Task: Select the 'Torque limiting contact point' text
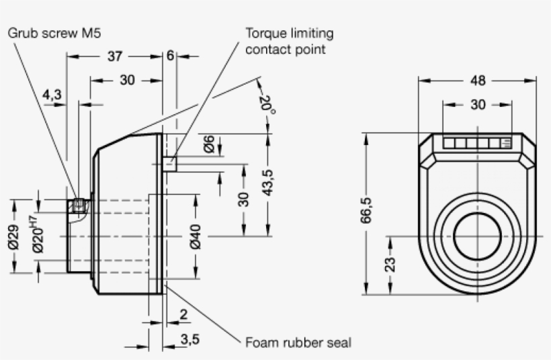coord(289,41)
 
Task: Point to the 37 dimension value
coord(115,56)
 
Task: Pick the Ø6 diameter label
coord(209,144)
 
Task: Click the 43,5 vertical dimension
coord(268,181)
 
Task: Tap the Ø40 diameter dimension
coord(196,237)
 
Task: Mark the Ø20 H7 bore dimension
coord(37,234)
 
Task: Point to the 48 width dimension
coord(478,81)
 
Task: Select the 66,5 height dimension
coord(366,214)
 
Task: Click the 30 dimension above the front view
coord(478,105)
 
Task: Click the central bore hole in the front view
coord(478,236)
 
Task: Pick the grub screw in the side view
coord(80,206)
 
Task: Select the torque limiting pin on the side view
coord(171,164)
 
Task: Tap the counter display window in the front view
coord(478,143)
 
